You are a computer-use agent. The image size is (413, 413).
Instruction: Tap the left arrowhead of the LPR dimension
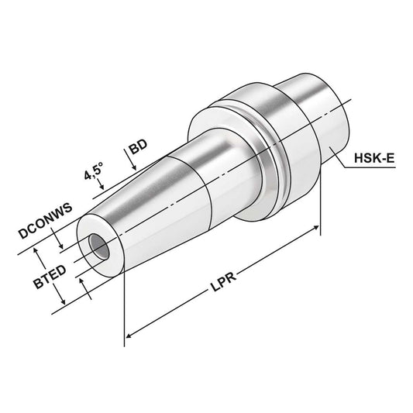(129, 336)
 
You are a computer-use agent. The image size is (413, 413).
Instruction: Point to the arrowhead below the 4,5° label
(98, 185)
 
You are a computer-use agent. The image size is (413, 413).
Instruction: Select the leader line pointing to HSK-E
(345, 160)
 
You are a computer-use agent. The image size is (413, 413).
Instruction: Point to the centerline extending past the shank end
(349, 99)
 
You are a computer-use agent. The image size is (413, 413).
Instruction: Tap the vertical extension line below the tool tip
(124, 310)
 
